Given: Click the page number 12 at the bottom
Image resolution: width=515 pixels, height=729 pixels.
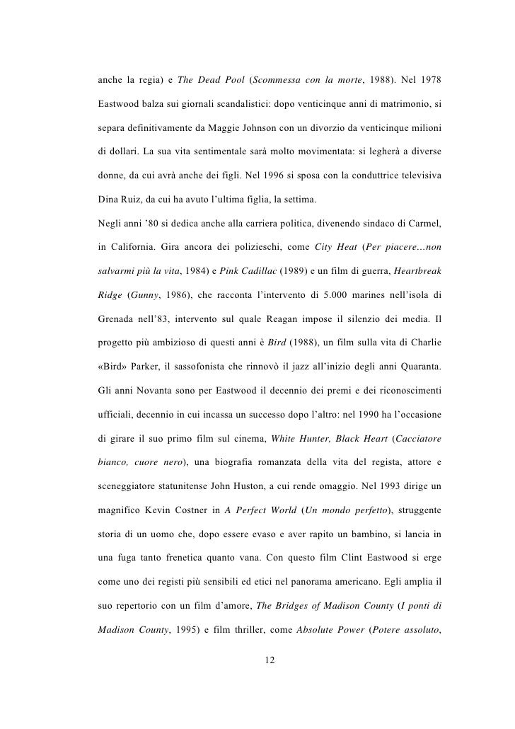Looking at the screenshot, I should click(268, 660).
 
